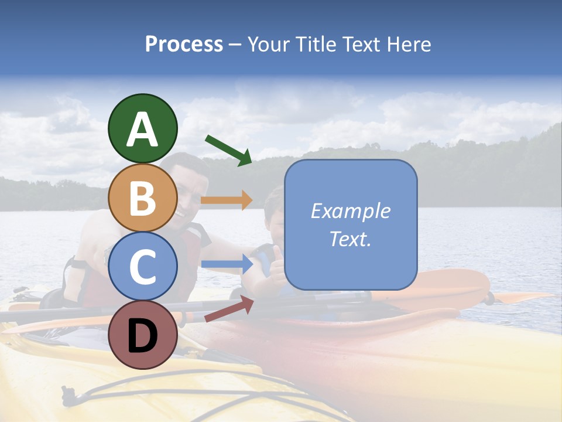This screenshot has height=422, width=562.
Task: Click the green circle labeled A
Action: point(142,128)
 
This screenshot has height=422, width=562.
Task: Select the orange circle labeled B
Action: point(142,198)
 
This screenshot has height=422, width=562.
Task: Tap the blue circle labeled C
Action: point(142,266)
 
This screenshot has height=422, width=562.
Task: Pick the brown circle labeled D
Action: point(142,335)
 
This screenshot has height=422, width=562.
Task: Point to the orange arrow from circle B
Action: point(227,200)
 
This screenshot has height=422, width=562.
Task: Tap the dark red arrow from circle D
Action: point(228,309)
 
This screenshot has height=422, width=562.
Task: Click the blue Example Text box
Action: point(351,224)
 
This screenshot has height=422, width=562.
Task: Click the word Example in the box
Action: point(351,211)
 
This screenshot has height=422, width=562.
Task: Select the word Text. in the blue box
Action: point(351,239)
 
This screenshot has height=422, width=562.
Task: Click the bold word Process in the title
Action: point(184,45)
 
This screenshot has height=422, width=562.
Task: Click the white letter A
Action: point(142,130)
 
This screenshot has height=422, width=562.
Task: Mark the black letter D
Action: point(142,336)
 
